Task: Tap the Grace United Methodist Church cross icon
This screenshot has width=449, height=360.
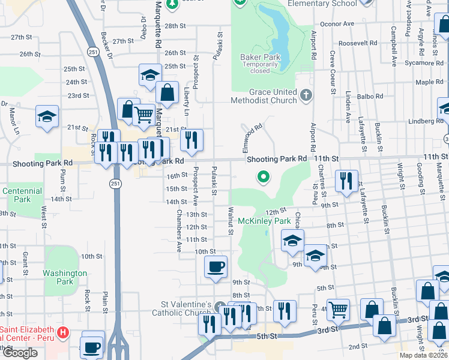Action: coord(306,95)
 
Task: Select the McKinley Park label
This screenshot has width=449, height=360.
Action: coord(264,221)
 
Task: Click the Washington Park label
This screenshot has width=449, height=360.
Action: coord(65,277)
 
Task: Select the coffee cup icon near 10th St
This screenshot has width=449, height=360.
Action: coord(215,266)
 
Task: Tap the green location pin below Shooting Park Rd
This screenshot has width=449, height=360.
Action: coord(262,177)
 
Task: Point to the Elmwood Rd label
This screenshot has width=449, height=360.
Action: coord(253,136)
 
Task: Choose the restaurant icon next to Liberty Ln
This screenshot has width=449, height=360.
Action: coord(191,140)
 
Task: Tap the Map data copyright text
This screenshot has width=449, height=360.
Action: coord(423,355)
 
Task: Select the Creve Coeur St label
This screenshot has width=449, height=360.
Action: coord(332,67)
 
